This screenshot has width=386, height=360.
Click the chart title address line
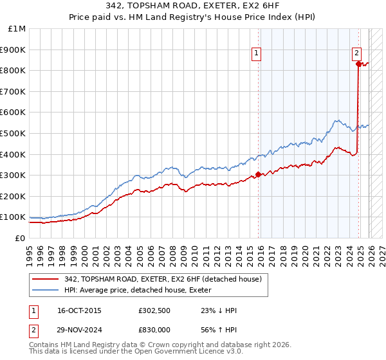click(193, 6)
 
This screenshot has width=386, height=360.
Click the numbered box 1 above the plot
click(256, 53)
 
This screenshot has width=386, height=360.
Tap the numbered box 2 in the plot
click(356, 53)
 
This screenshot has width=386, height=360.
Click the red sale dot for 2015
click(258, 174)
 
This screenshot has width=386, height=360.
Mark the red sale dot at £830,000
click(358, 64)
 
